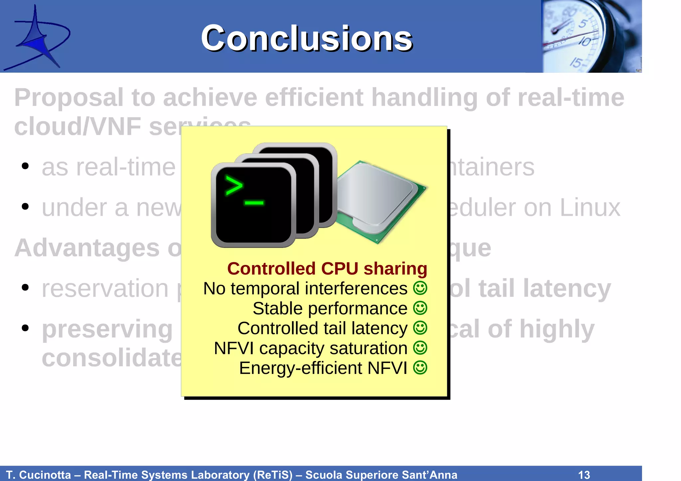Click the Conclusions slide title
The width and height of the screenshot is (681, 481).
click(x=307, y=39)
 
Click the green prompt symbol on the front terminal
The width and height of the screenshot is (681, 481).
click(x=235, y=186)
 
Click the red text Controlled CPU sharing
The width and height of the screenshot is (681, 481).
click(x=327, y=269)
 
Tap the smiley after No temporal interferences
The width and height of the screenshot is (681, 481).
click(x=420, y=288)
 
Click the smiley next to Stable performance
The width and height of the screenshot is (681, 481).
click(x=420, y=308)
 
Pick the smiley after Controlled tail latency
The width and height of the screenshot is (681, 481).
click(x=420, y=328)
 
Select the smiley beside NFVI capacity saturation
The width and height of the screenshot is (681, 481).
click(x=420, y=348)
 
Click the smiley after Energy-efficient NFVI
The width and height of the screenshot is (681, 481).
click(x=420, y=368)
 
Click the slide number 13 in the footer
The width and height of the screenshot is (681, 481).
click(x=584, y=475)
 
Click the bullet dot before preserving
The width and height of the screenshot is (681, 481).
click(x=25, y=328)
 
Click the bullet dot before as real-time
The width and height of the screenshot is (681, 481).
click(x=25, y=166)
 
